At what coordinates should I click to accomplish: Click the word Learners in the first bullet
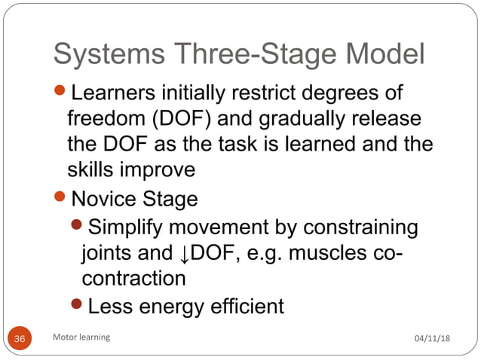tap(118, 94)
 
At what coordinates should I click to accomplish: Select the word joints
tap(106, 252)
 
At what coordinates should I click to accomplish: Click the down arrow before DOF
tap(185, 253)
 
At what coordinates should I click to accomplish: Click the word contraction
tap(133, 278)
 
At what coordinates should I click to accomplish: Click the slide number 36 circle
tap(20, 338)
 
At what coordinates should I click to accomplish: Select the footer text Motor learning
tap(81, 337)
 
